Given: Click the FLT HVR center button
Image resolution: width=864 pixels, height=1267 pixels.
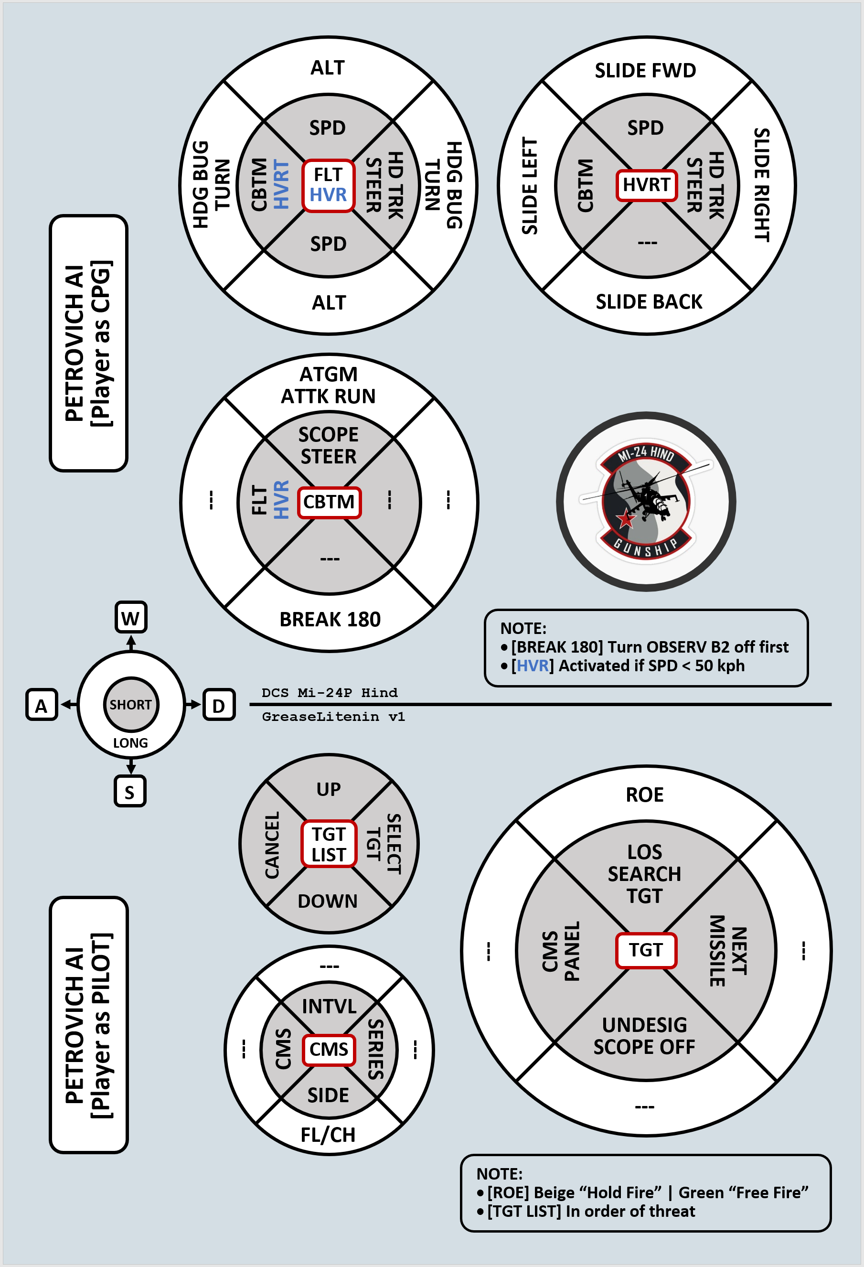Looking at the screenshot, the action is (x=328, y=185).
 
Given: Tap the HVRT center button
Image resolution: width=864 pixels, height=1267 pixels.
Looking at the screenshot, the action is (x=647, y=185).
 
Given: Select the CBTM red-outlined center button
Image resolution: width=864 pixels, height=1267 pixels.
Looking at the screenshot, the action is (x=329, y=502).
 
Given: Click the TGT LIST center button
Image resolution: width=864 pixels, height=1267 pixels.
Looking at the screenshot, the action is (x=329, y=844).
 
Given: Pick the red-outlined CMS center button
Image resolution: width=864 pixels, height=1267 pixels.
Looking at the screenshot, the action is (x=329, y=1050).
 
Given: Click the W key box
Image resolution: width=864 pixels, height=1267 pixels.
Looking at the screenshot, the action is (x=131, y=618).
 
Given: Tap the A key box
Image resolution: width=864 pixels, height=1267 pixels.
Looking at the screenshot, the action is (x=42, y=705).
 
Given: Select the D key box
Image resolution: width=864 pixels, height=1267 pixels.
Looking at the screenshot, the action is (x=219, y=705).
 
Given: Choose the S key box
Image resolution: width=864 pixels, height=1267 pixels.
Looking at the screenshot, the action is (x=130, y=791).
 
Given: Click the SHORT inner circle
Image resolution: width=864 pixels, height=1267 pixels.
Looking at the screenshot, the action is (x=131, y=704).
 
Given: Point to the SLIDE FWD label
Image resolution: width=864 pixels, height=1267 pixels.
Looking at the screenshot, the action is (x=645, y=70).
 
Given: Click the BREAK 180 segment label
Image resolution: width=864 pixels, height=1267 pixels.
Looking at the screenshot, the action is (x=330, y=619).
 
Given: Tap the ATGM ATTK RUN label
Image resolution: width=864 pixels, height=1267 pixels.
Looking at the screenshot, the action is (x=328, y=385).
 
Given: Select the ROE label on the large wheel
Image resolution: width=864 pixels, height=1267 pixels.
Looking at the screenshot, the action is (x=645, y=795).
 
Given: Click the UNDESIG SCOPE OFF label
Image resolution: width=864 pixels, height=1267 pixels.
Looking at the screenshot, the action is (x=644, y=1036).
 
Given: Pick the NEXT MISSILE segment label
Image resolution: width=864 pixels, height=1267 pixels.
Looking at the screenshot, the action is (x=728, y=951).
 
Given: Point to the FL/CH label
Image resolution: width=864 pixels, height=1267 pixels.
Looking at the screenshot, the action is (x=328, y=1135).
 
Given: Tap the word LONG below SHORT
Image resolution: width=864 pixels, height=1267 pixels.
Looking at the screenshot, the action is (x=130, y=743).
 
